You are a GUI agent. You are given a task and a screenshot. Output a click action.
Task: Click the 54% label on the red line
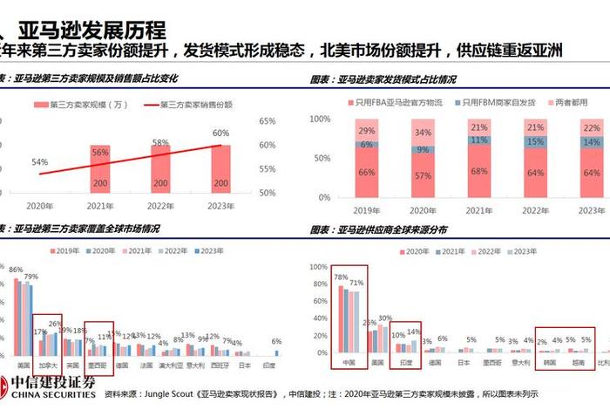tap(39, 162)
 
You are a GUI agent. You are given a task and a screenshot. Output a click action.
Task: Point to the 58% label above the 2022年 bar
tap(160, 141)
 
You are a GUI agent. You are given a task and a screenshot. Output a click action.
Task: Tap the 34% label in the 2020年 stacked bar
tap(423, 133)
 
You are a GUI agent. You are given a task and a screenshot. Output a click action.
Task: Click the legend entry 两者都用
tap(576, 103)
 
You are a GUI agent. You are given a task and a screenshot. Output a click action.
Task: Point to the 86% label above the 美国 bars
tap(15, 270)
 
